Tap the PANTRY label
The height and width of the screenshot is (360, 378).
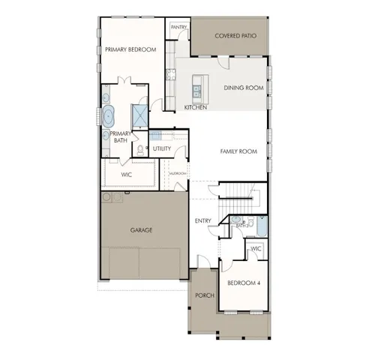tap(178, 27)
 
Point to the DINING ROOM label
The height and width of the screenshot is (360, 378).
tap(244, 88)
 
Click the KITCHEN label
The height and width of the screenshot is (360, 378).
tap(196, 107)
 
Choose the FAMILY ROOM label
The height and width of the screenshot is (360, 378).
tap(238, 151)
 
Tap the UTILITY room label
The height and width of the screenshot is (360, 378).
tap(162, 148)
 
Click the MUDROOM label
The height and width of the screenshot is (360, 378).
tap(178, 173)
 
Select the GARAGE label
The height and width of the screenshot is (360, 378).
tap(141, 230)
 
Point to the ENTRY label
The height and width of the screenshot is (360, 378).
tap(202, 220)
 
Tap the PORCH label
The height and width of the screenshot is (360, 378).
tap(205, 295)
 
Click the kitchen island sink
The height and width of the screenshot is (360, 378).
tap(196, 91)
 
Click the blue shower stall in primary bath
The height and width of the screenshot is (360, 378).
tap(139, 115)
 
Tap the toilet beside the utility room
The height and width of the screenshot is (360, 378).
tap(140, 150)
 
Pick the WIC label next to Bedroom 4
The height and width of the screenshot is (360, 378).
tap(256, 248)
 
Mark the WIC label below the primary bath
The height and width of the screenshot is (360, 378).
tap(127, 175)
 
